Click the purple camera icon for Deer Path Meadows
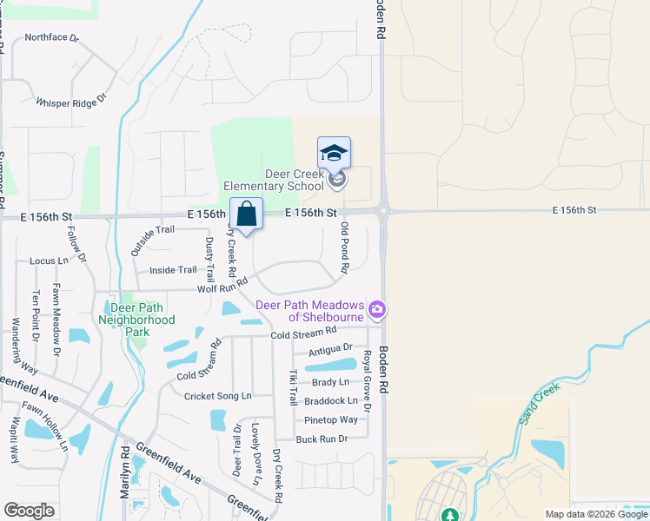377,309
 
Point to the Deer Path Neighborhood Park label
143,313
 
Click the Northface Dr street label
51,38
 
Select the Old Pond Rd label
345,247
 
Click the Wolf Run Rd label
222,285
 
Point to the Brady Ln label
330,382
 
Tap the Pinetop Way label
330,420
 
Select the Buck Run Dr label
322,439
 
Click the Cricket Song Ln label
217,396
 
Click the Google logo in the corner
30,511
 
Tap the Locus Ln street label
49,260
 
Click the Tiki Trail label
294,387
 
